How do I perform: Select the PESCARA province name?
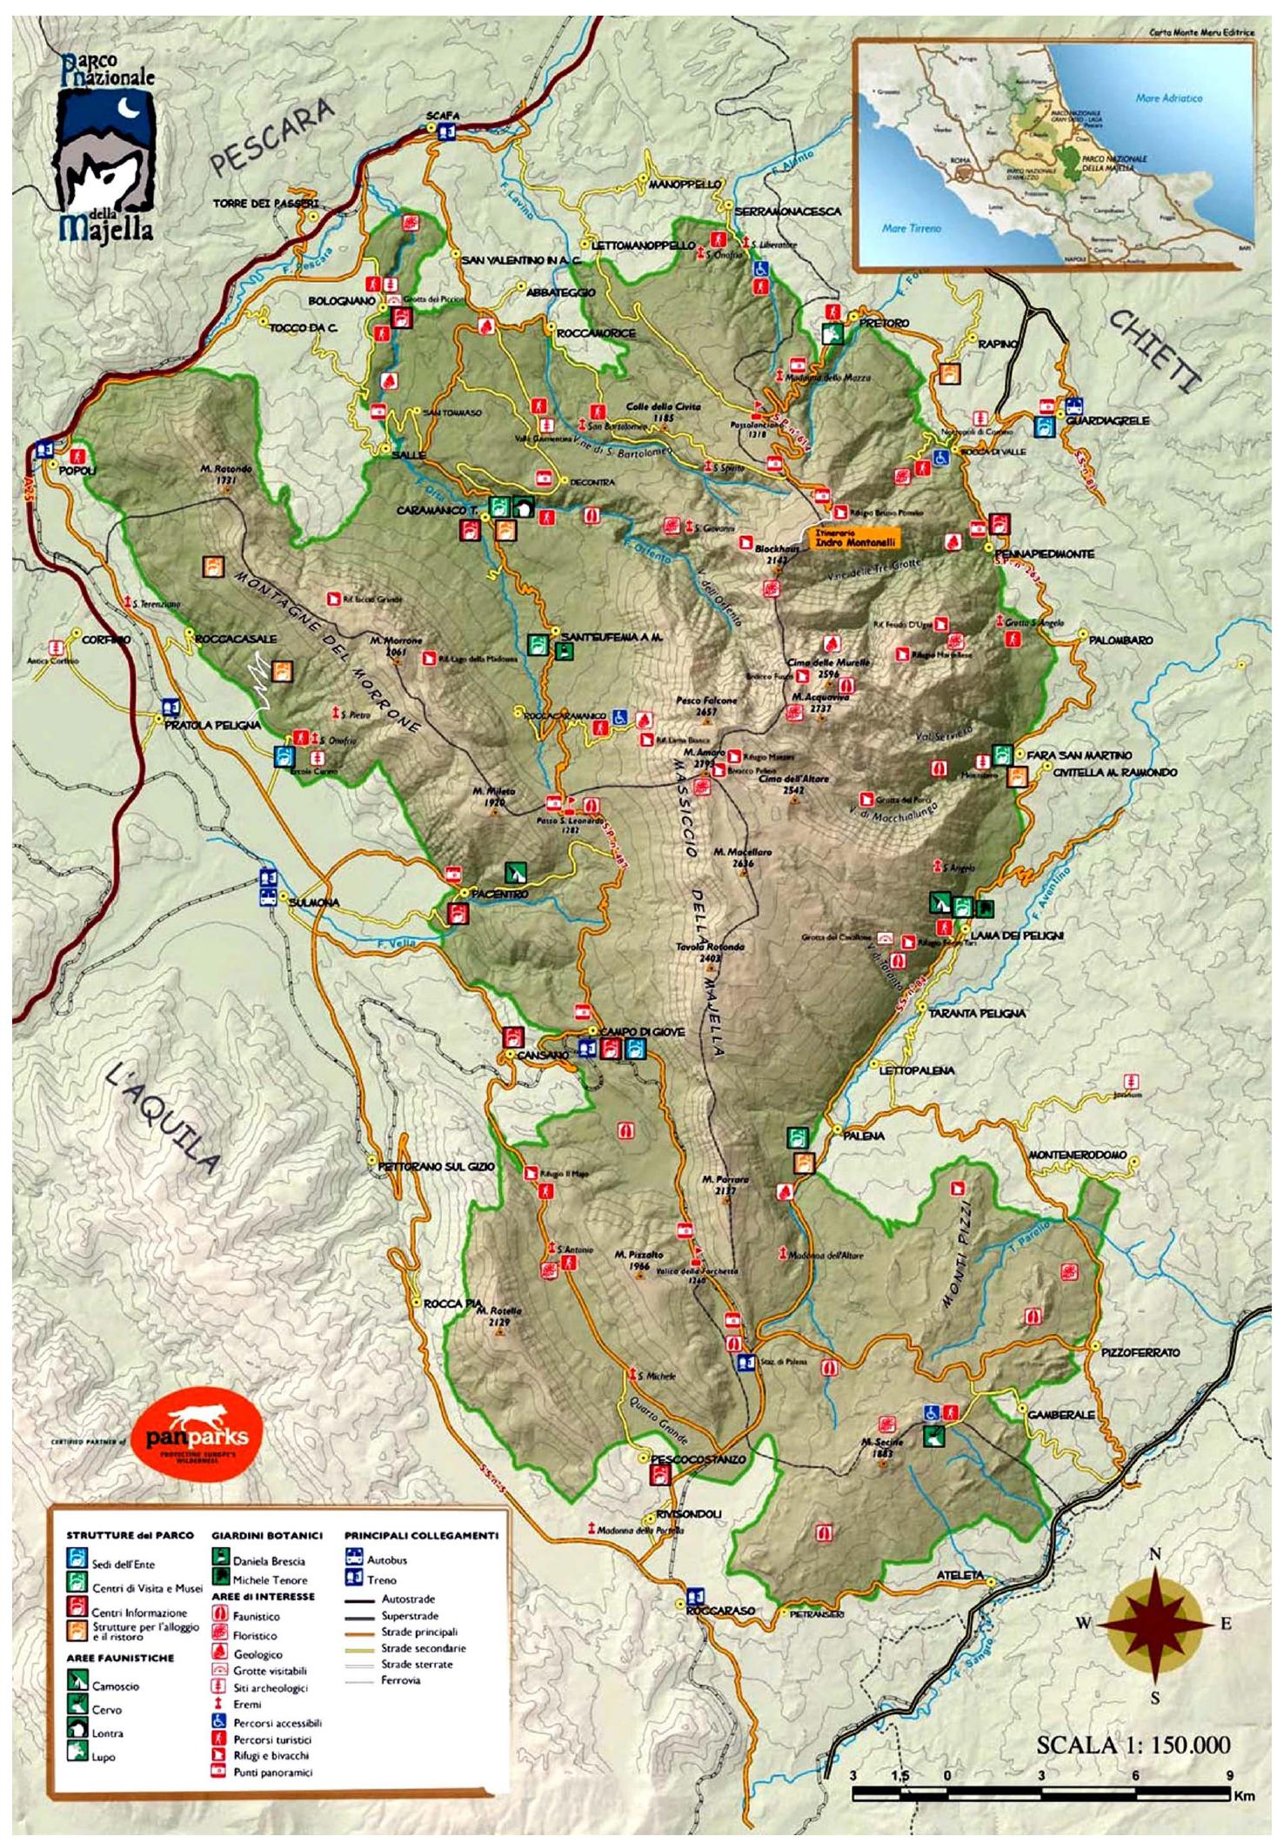click(x=271, y=137)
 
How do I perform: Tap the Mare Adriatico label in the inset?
click(x=1168, y=98)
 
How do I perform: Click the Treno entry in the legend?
click(x=380, y=1579)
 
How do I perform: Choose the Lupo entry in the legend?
click(x=103, y=1756)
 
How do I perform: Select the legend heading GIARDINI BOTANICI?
click(x=266, y=1536)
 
